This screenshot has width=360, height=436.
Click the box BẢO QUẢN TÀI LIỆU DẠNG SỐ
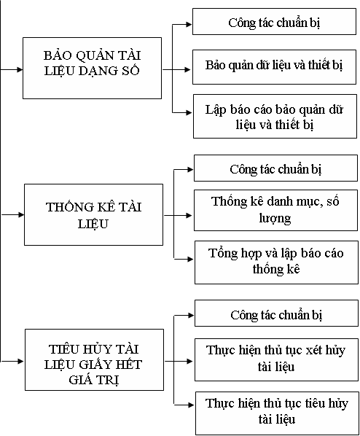(92, 68)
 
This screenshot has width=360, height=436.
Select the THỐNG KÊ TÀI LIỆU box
(94, 214)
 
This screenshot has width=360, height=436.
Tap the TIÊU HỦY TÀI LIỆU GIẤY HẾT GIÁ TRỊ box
(94, 360)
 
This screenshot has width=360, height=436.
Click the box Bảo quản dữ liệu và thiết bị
(274, 67)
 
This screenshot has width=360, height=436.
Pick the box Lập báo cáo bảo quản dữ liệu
(275, 116)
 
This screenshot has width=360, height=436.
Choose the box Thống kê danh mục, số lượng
(275, 210)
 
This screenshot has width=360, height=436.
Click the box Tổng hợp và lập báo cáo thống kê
(276, 262)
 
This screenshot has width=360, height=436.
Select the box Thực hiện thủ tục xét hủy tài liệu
(276, 360)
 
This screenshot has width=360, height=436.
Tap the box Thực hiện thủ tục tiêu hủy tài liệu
(277, 413)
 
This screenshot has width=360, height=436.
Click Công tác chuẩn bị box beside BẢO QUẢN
(274, 22)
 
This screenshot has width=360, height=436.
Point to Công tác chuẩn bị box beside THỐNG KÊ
(275, 168)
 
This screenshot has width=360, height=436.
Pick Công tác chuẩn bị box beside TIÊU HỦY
(276, 313)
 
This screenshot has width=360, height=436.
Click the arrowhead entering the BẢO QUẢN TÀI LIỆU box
(20, 69)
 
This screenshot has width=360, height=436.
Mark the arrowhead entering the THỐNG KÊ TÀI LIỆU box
(21, 214)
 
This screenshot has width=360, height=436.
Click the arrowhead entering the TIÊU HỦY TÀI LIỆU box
(22, 361)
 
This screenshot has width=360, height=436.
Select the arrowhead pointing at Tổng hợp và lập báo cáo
(190, 259)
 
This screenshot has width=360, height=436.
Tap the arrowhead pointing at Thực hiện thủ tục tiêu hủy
(191, 405)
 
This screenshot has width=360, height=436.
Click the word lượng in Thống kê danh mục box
(275, 219)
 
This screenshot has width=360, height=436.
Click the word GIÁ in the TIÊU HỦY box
(81, 380)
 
